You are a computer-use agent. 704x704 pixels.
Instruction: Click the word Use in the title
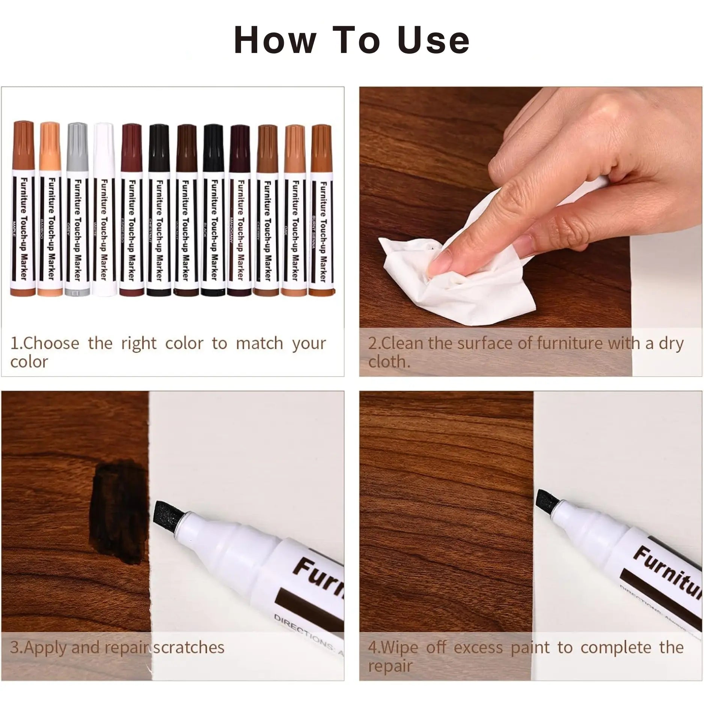[433, 40]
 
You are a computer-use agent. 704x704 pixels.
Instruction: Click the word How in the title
[274, 40]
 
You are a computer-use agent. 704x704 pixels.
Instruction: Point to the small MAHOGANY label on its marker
[231, 229]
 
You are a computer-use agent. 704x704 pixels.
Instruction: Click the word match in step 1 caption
[259, 344]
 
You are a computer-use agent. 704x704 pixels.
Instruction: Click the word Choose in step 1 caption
[51, 344]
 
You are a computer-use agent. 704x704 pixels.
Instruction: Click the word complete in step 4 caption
[616, 648]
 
